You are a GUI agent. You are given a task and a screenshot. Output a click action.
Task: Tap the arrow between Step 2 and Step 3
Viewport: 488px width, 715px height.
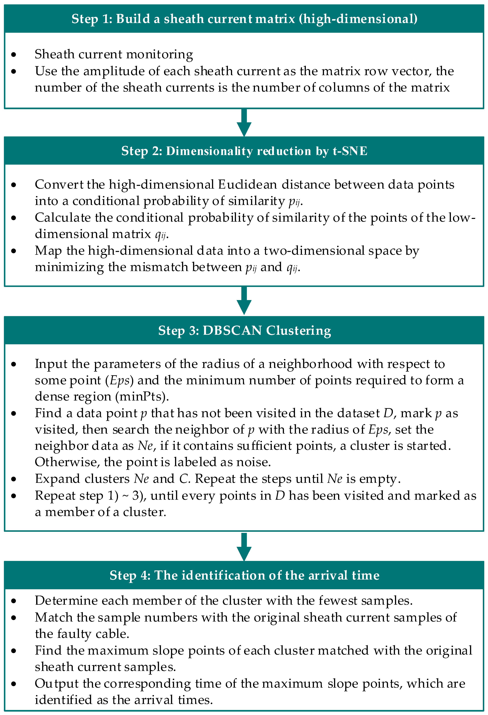tap(244, 301)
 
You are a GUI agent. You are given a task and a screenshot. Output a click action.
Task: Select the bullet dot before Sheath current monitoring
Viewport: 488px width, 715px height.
tap(14, 55)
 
